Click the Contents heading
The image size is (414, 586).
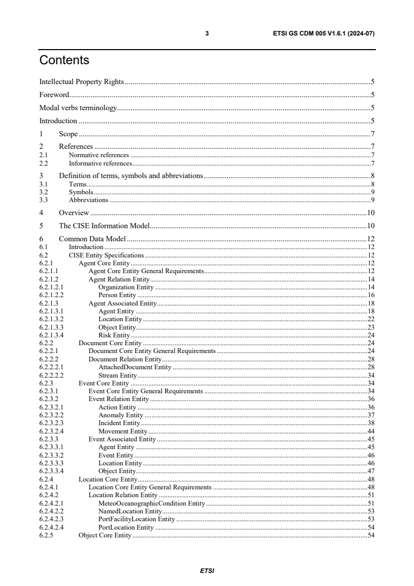click(x=64, y=61)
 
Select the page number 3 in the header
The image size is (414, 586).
click(x=207, y=33)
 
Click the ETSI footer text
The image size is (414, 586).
click(x=207, y=570)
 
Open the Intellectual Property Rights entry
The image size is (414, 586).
click(x=82, y=81)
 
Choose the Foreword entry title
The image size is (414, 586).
click(x=54, y=95)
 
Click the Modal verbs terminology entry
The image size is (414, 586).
click(x=78, y=108)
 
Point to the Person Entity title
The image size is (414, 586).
click(x=117, y=295)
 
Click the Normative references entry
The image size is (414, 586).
click(x=99, y=155)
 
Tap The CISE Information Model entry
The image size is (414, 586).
click(x=104, y=226)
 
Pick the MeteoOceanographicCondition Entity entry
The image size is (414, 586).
click(x=151, y=503)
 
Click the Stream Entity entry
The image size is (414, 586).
click(x=117, y=376)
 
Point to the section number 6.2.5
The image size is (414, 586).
click(x=46, y=535)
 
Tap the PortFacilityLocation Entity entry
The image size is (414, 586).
click(x=136, y=519)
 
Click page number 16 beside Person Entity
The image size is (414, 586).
click(x=371, y=295)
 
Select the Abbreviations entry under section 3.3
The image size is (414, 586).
click(x=89, y=200)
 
